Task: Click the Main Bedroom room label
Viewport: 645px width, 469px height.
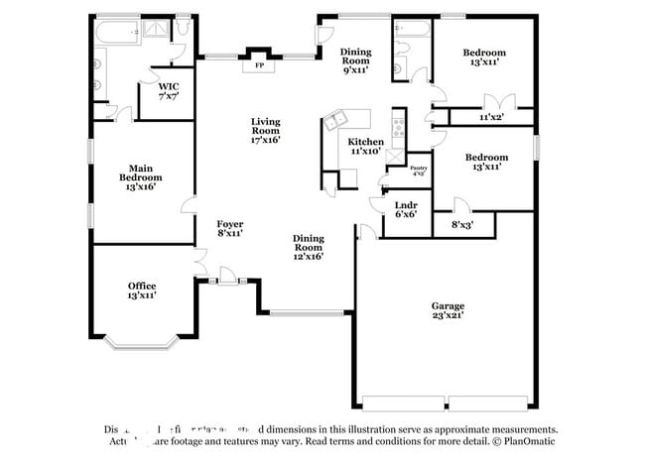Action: pos(140,176)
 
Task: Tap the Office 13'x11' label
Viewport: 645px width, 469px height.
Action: pos(141,291)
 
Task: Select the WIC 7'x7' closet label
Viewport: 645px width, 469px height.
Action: pos(169,91)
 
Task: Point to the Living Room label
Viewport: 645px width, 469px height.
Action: pos(265,130)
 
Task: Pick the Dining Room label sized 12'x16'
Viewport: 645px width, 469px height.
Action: pos(308,247)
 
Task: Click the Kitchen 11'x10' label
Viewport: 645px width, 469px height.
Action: pos(365,147)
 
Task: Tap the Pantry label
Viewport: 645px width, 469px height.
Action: pos(419,171)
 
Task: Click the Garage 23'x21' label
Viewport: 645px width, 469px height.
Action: pos(448,310)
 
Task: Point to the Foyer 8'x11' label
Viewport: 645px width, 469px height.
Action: pos(230,228)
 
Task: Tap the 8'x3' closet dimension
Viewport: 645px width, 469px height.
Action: pos(462,225)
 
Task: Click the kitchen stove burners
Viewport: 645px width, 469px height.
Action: pos(399,126)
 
